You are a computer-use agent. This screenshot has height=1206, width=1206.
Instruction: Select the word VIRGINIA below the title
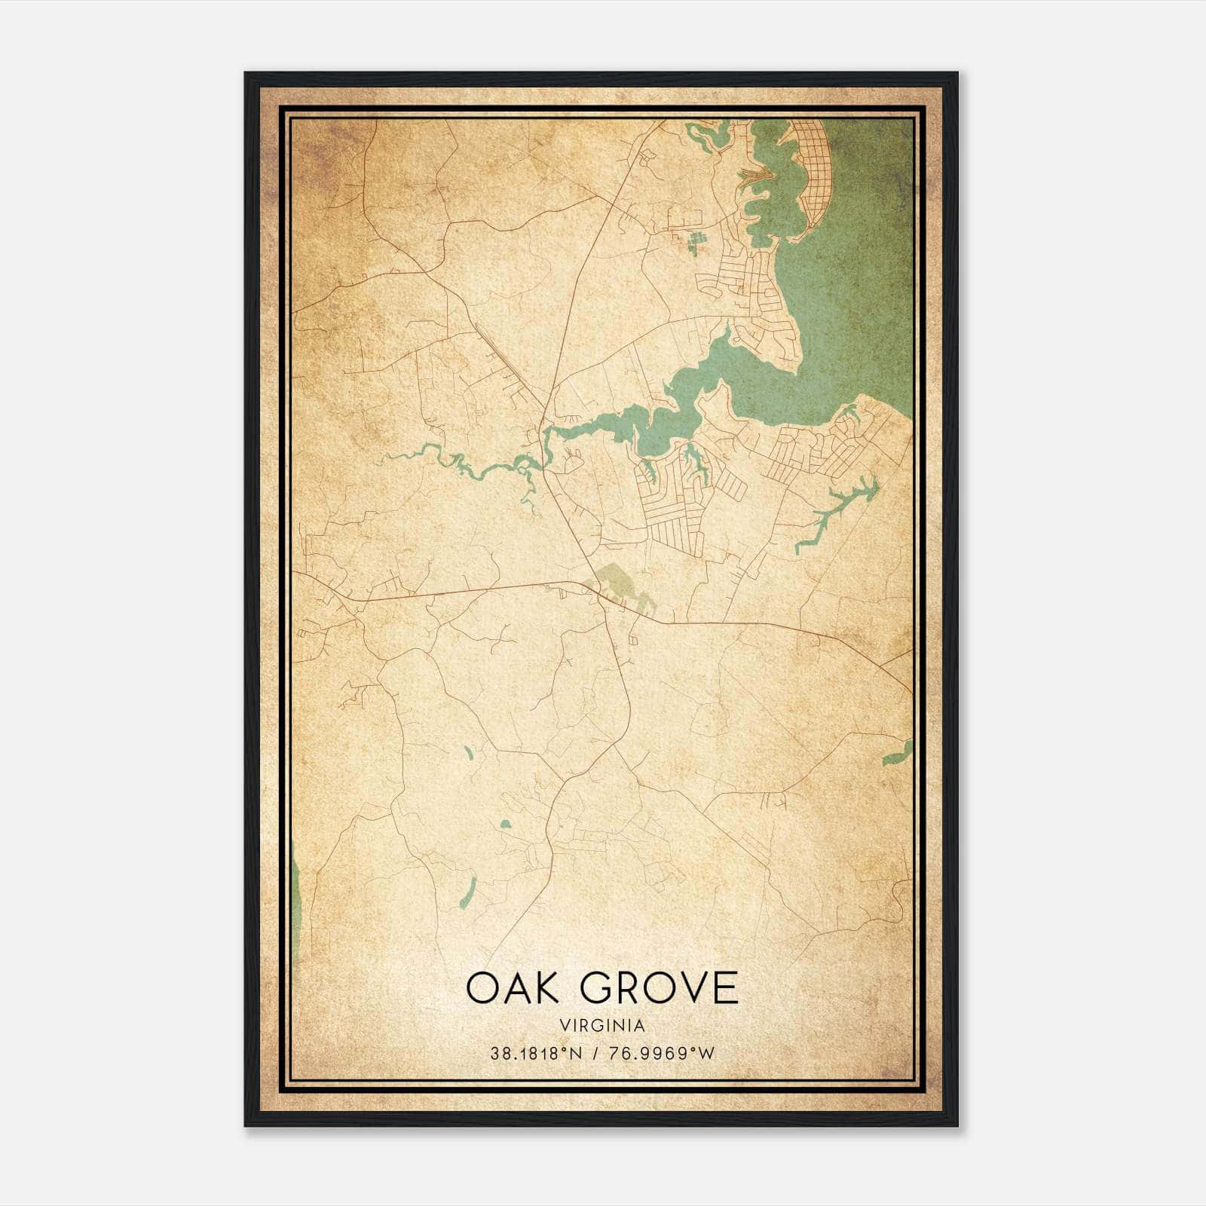[602, 1026]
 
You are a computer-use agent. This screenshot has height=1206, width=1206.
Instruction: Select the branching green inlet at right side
[833, 513]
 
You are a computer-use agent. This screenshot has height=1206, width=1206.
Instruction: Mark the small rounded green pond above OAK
[505, 824]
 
